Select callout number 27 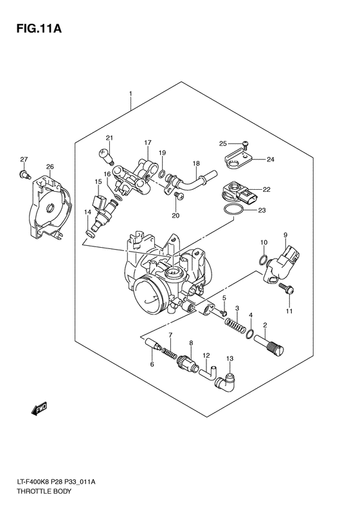point(23,159)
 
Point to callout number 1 point(130,94)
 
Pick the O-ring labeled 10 point(263,260)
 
